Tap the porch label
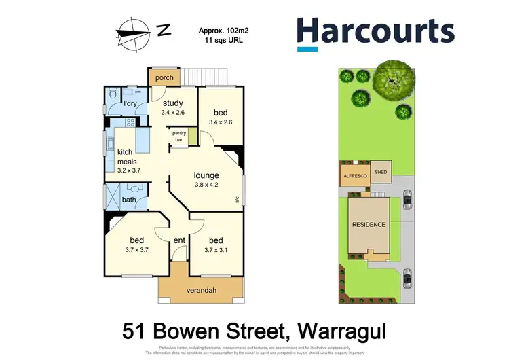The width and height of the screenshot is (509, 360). pos(164,78)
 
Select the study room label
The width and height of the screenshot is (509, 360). pos(172,103)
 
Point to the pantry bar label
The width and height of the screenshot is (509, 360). pos(179,137)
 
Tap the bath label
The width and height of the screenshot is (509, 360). pos(129,200)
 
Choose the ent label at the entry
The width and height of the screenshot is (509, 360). pos(179,240)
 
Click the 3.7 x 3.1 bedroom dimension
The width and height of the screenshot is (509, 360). pos(216,250)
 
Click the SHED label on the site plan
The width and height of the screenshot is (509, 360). pos(381,173)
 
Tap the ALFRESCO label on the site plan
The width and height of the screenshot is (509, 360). pos(354,176)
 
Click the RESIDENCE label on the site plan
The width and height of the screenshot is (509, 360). pos(369,225)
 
